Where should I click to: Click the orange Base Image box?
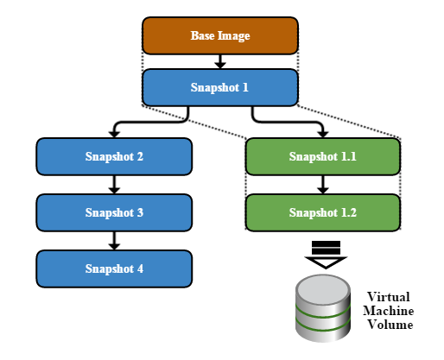(x=220, y=35)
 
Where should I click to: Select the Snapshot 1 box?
(x=220, y=87)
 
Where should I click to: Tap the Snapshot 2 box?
(x=114, y=156)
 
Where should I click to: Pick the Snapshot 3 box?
(x=114, y=212)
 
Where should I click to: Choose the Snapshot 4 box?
(x=114, y=268)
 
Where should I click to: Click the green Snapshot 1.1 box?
(x=323, y=156)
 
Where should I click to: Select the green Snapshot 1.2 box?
(x=323, y=212)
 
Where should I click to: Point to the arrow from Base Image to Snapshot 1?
(x=220, y=61)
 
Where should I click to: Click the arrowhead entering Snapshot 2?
(x=114, y=134)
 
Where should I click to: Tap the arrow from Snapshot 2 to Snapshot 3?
(x=114, y=185)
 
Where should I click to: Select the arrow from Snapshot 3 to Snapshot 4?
(x=114, y=241)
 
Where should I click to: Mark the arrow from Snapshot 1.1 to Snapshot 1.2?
(x=323, y=185)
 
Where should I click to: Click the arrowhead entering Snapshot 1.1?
(x=323, y=134)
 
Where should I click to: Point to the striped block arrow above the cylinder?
(x=326, y=255)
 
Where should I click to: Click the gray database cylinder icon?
(x=323, y=308)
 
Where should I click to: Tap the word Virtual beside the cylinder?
(x=388, y=297)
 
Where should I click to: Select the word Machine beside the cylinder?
(x=389, y=311)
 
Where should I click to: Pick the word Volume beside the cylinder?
(x=390, y=325)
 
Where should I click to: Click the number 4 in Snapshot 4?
(x=140, y=268)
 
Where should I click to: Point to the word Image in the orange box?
(x=234, y=36)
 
